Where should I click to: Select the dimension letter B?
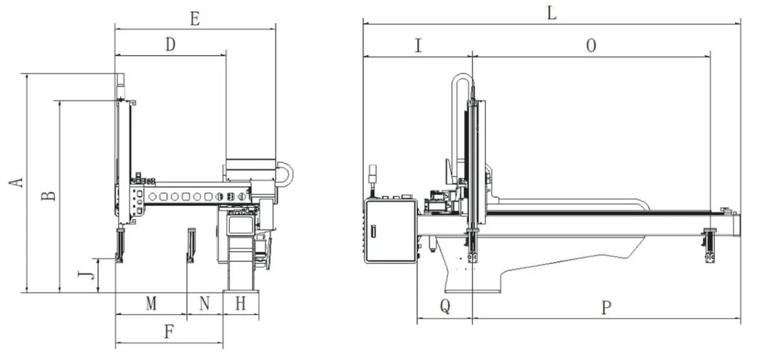coord(48,195)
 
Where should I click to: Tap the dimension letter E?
coord(195,19)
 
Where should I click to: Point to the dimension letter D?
coord(170,45)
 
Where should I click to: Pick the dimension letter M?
coord(151,304)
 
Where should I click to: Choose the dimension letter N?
coord(205,304)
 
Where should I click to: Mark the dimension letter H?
coord(240,304)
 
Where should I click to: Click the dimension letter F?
coord(169,332)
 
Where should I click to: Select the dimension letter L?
coord(552,14)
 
